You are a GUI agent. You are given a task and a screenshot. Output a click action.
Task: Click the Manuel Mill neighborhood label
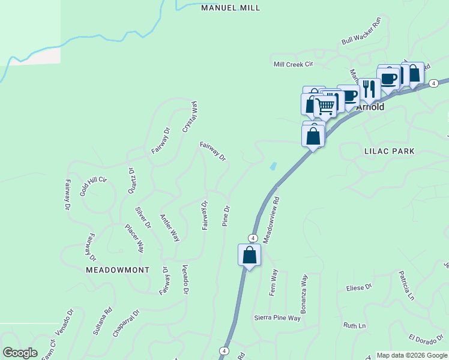pos(231,8)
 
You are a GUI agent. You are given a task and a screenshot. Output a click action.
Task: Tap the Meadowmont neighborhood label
pos(117,270)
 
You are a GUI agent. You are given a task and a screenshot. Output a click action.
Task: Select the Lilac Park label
pos(389,152)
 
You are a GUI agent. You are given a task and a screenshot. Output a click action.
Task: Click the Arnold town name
pos(370,107)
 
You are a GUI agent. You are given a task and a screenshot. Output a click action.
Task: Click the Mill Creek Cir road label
pos(294,64)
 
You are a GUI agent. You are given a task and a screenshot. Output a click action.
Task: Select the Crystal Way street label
pos(190,116)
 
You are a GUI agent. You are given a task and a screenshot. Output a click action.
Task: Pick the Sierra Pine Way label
pos(277,317)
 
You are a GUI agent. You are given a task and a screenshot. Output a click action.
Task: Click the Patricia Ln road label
pos(407,285)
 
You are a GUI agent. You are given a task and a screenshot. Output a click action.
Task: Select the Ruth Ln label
pos(354,326)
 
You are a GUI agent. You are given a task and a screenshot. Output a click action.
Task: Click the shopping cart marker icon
pos(325,106)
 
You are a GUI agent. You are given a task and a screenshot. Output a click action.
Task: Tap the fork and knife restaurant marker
pos(369,89)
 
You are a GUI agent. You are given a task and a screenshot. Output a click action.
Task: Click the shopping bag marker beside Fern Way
pos(249,256)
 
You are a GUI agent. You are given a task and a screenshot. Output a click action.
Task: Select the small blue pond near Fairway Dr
pos(274,166)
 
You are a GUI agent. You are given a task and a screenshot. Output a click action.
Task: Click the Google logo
pos(20,353)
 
